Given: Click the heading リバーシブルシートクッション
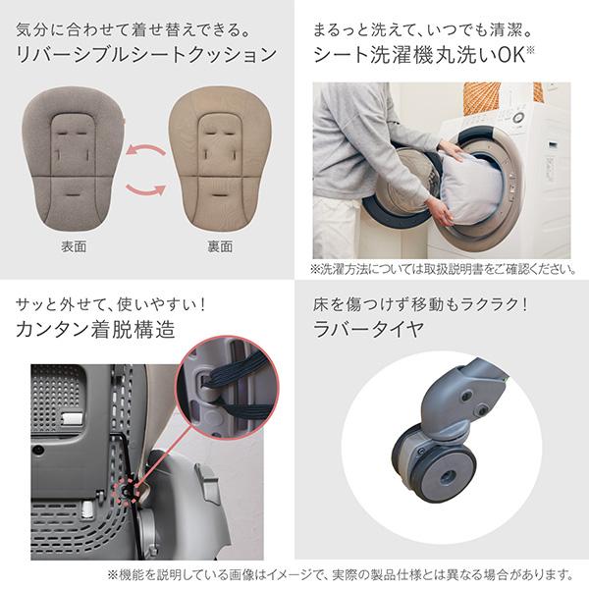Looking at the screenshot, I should click(147, 55).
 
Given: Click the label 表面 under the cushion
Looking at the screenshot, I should click(74, 246).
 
